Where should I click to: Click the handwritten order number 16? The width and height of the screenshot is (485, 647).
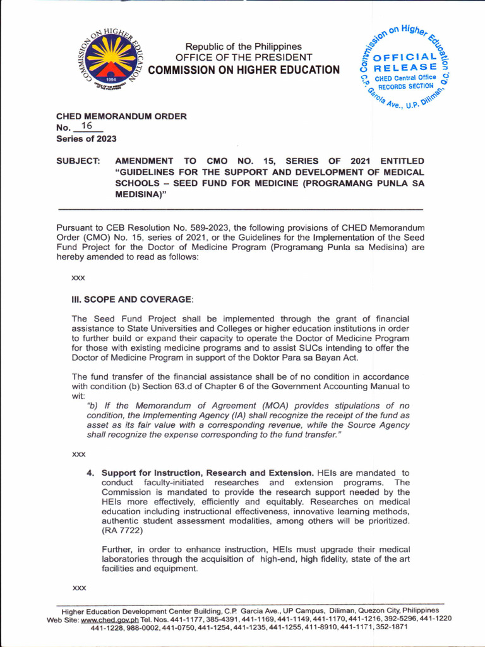point(87,127)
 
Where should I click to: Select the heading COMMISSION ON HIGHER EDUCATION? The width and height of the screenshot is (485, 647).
point(244,70)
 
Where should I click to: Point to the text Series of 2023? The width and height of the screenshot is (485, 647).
point(87,139)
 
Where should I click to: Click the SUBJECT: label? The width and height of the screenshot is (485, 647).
point(78,162)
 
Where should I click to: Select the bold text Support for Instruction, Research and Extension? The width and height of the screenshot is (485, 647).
point(207,473)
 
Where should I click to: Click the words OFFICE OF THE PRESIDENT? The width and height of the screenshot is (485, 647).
point(244,57)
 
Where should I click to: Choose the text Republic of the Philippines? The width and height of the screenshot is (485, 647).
point(244,47)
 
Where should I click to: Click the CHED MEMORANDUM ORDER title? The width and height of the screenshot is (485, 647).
point(121,116)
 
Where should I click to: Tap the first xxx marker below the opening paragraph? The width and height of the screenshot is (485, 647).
point(79,277)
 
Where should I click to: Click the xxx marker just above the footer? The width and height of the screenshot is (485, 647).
point(79,588)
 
